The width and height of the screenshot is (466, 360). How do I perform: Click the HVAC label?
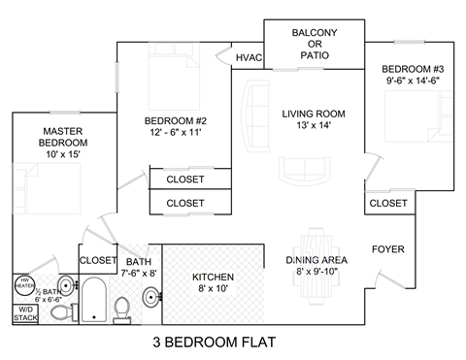250,58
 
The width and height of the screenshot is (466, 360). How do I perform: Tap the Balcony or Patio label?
316,45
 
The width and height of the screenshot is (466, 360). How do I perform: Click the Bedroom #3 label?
412,75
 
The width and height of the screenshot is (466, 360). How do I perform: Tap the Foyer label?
387,249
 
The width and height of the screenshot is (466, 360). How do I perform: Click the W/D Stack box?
21,313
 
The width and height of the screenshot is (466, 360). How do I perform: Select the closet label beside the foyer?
387,203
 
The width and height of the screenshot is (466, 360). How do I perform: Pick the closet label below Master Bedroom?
97,260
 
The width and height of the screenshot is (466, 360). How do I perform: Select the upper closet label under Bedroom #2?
184,180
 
